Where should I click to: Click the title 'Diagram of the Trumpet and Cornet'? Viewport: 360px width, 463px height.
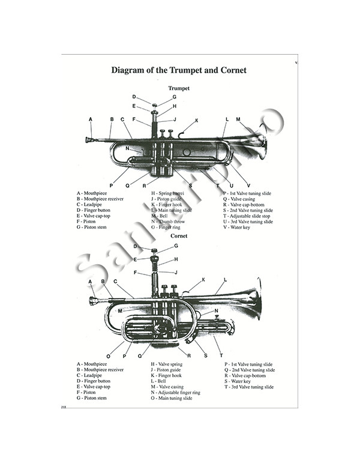179,70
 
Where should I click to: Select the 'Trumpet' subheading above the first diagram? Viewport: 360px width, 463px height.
179,88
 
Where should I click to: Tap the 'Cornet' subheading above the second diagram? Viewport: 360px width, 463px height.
179,236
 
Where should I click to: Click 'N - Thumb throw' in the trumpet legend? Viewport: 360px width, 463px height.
169,222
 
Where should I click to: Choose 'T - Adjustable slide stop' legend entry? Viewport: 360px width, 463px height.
248,216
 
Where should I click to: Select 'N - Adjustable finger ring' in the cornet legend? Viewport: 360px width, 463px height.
176,392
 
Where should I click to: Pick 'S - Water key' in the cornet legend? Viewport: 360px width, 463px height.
239,381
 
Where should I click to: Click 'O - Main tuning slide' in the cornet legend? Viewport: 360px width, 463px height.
172,398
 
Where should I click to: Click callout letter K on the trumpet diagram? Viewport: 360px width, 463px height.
196,121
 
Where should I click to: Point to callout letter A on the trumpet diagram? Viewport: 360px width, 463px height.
91,120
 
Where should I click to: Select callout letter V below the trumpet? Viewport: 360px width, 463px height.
248,185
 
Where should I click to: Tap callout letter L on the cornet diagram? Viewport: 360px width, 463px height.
225,280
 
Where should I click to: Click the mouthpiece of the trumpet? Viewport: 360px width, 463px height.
89,140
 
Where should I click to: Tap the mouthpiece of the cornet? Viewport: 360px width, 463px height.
94,301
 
